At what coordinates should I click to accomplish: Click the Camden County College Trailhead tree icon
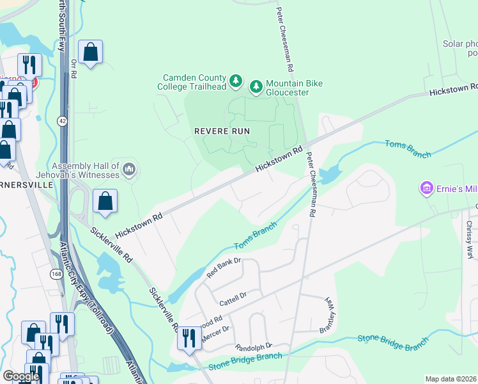click(236, 81)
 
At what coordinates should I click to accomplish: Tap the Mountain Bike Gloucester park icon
click(256, 86)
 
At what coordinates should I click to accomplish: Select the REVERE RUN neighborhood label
click(222, 131)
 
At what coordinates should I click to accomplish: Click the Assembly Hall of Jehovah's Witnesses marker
click(129, 169)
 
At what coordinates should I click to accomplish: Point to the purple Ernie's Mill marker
click(426, 188)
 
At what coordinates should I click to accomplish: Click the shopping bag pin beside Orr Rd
click(91, 52)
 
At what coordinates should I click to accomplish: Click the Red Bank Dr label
click(223, 268)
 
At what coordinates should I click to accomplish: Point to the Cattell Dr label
click(233, 298)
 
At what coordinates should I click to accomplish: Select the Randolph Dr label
click(254, 346)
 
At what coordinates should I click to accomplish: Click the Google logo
click(21, 376)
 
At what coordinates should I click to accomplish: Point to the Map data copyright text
click(451, 379)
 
